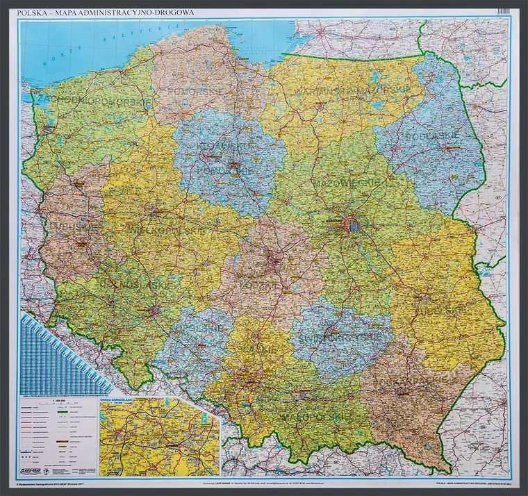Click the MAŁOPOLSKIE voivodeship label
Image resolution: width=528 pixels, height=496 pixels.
(306, 416)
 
